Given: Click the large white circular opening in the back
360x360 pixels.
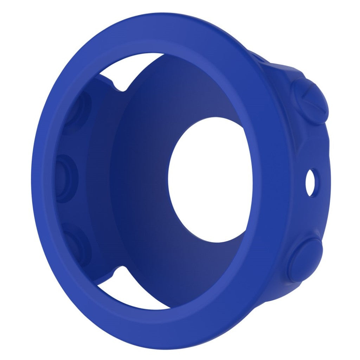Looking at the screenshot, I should pos(210,179).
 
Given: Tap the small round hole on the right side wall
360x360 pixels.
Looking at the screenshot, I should pos(311,182).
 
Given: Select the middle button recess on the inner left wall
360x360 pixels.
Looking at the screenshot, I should pos(67,178).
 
